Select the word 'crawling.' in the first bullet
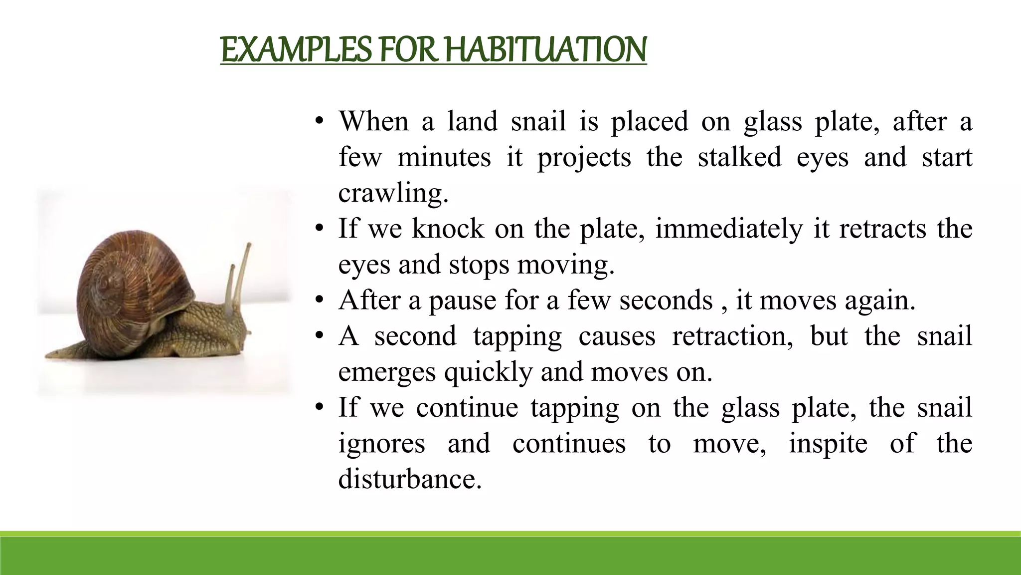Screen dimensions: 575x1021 (393, 194)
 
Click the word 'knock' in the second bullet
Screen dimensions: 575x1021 (448, 229)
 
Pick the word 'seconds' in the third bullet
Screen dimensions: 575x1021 (666, 301)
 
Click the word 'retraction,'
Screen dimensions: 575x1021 (732, 336)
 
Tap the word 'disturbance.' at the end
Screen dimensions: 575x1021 (410, 480)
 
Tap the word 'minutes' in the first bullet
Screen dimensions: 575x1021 (444, 158)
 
